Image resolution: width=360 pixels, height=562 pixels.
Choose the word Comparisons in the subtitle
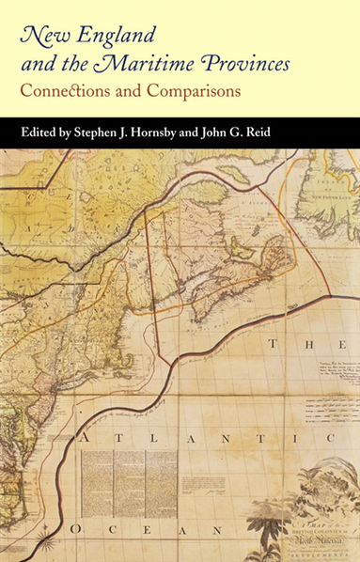coord(189,92)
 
